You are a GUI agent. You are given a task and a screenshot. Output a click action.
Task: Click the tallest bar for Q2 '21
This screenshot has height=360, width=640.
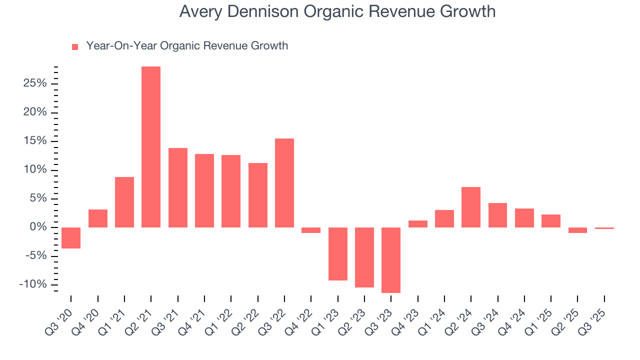(x=151, y=147)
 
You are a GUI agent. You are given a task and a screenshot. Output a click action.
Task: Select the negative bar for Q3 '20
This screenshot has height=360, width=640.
(x=71, y=238)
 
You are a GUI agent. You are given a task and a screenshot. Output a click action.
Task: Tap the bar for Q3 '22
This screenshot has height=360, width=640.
(x=284, y=183)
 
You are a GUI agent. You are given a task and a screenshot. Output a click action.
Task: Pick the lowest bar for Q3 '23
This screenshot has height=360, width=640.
(x=391, y=260)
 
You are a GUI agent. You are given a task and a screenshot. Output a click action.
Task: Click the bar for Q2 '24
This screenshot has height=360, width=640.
(x=471, y=207)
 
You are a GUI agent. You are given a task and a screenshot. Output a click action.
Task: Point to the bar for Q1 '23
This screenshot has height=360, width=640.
(x=337, y=254)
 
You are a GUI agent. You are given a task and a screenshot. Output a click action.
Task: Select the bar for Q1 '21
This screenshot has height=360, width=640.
(x=124, y=202)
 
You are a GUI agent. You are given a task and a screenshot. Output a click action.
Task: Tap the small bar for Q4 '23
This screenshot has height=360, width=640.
(x=417, y=224)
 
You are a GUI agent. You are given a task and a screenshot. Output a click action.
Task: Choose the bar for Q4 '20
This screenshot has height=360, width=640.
(x=97, y=218)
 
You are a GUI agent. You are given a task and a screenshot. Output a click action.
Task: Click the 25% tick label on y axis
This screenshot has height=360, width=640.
(x=35, y=83)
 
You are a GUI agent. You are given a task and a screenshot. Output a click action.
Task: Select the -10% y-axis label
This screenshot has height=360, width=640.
(x=33, y=285)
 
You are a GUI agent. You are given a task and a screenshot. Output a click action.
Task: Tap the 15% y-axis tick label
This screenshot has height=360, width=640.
(x=35, y=141)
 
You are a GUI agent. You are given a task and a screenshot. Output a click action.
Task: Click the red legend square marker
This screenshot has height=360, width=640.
(x=75, y=47)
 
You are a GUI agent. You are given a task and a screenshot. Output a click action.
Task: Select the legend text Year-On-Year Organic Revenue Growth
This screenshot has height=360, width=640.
(x=187, y=46)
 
